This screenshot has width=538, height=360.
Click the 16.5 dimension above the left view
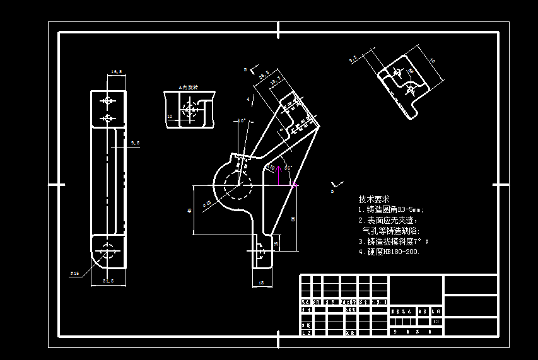pos(117,72)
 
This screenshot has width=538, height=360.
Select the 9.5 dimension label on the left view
pos(134,144)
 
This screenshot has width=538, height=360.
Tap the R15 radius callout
pos(74,273)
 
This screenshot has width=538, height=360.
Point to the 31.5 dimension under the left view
pos(108,281)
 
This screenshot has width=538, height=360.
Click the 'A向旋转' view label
pos(188,87)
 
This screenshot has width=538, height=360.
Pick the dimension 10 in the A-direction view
pos(170,116)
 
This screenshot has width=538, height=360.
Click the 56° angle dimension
pos(288,168)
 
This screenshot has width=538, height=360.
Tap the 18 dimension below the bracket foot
pos(261,283)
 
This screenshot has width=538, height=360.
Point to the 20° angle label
pos(240,120)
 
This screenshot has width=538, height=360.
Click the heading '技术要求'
pos(374,199)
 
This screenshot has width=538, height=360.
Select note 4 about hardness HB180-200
pos(389,252)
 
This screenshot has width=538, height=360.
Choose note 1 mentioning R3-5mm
pos(390,209)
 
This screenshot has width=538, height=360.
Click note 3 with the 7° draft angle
pos(393,241)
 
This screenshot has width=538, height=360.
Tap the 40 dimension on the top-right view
pos(432,61)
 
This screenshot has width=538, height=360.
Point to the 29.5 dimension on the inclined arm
pos(264,75)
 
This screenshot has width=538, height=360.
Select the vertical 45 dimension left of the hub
pos(190,211)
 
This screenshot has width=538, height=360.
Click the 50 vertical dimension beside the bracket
pos(293,219)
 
